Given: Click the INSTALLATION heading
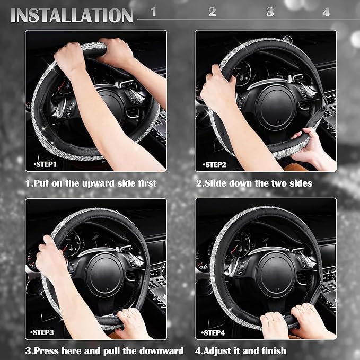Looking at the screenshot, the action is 72,15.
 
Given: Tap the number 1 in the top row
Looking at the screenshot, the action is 154,12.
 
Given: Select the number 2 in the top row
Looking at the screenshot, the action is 212,12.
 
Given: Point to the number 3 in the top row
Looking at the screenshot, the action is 270,12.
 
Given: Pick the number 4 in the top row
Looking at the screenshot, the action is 326,12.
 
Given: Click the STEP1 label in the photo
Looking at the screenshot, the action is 45,164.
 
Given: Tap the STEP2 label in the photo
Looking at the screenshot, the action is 215,164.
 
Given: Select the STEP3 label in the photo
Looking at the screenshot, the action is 42,332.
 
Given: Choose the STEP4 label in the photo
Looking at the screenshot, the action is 213,332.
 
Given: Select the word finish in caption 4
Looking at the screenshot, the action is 274,351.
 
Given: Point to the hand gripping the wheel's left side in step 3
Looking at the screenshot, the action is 49,258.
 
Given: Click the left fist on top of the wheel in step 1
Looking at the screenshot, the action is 69,57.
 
